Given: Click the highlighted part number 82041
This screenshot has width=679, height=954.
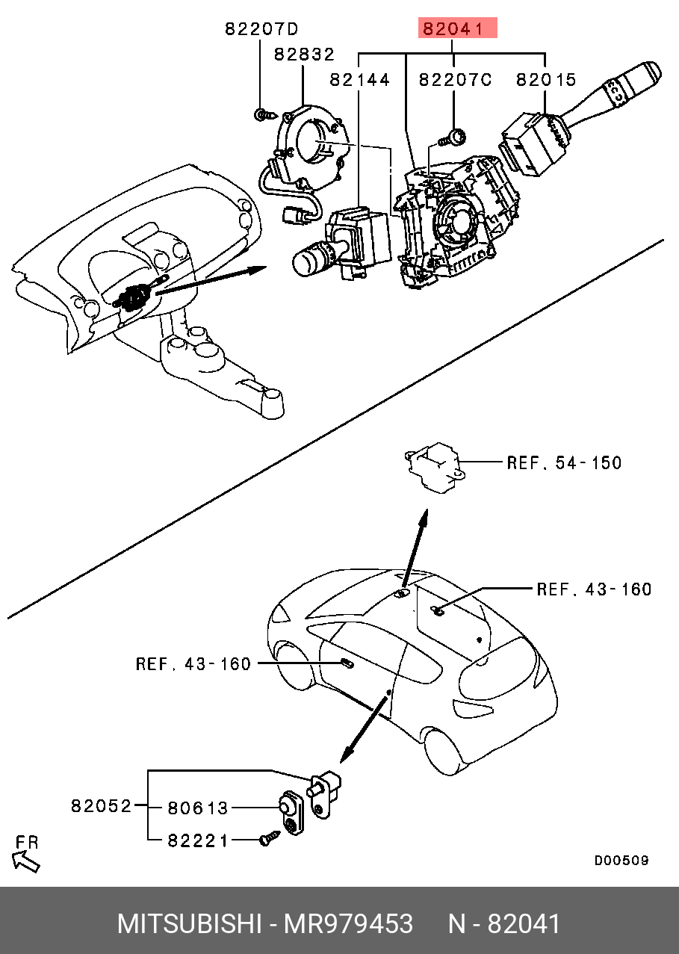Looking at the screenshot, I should pos(457,29).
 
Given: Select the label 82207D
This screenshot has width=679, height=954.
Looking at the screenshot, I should pos(261,29).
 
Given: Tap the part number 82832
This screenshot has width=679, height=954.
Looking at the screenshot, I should pos(303,55).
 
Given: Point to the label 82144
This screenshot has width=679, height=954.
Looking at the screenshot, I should pos(360,79).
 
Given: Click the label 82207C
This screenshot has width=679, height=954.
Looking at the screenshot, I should pos(454,79).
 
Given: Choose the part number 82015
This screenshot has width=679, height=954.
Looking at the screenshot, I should pos(546,79).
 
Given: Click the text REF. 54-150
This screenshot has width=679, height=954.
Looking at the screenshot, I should pos(564,462).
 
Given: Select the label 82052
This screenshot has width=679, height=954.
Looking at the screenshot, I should pos(101,806).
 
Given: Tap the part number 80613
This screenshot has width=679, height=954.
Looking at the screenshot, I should pos(197,808).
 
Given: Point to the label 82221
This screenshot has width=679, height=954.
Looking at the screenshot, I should pos(197,840).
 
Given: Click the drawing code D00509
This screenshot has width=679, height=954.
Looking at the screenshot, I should pos(621,861).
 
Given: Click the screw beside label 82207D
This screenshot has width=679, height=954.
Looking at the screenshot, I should pos(262,115).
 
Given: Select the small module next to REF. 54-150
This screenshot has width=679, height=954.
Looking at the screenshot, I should pos(433,468).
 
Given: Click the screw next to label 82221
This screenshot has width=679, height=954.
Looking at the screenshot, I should pos(267,840).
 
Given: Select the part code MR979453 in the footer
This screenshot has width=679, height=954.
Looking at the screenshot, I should pos(347,924).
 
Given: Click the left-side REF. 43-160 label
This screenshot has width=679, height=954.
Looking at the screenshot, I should pos(193,663).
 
